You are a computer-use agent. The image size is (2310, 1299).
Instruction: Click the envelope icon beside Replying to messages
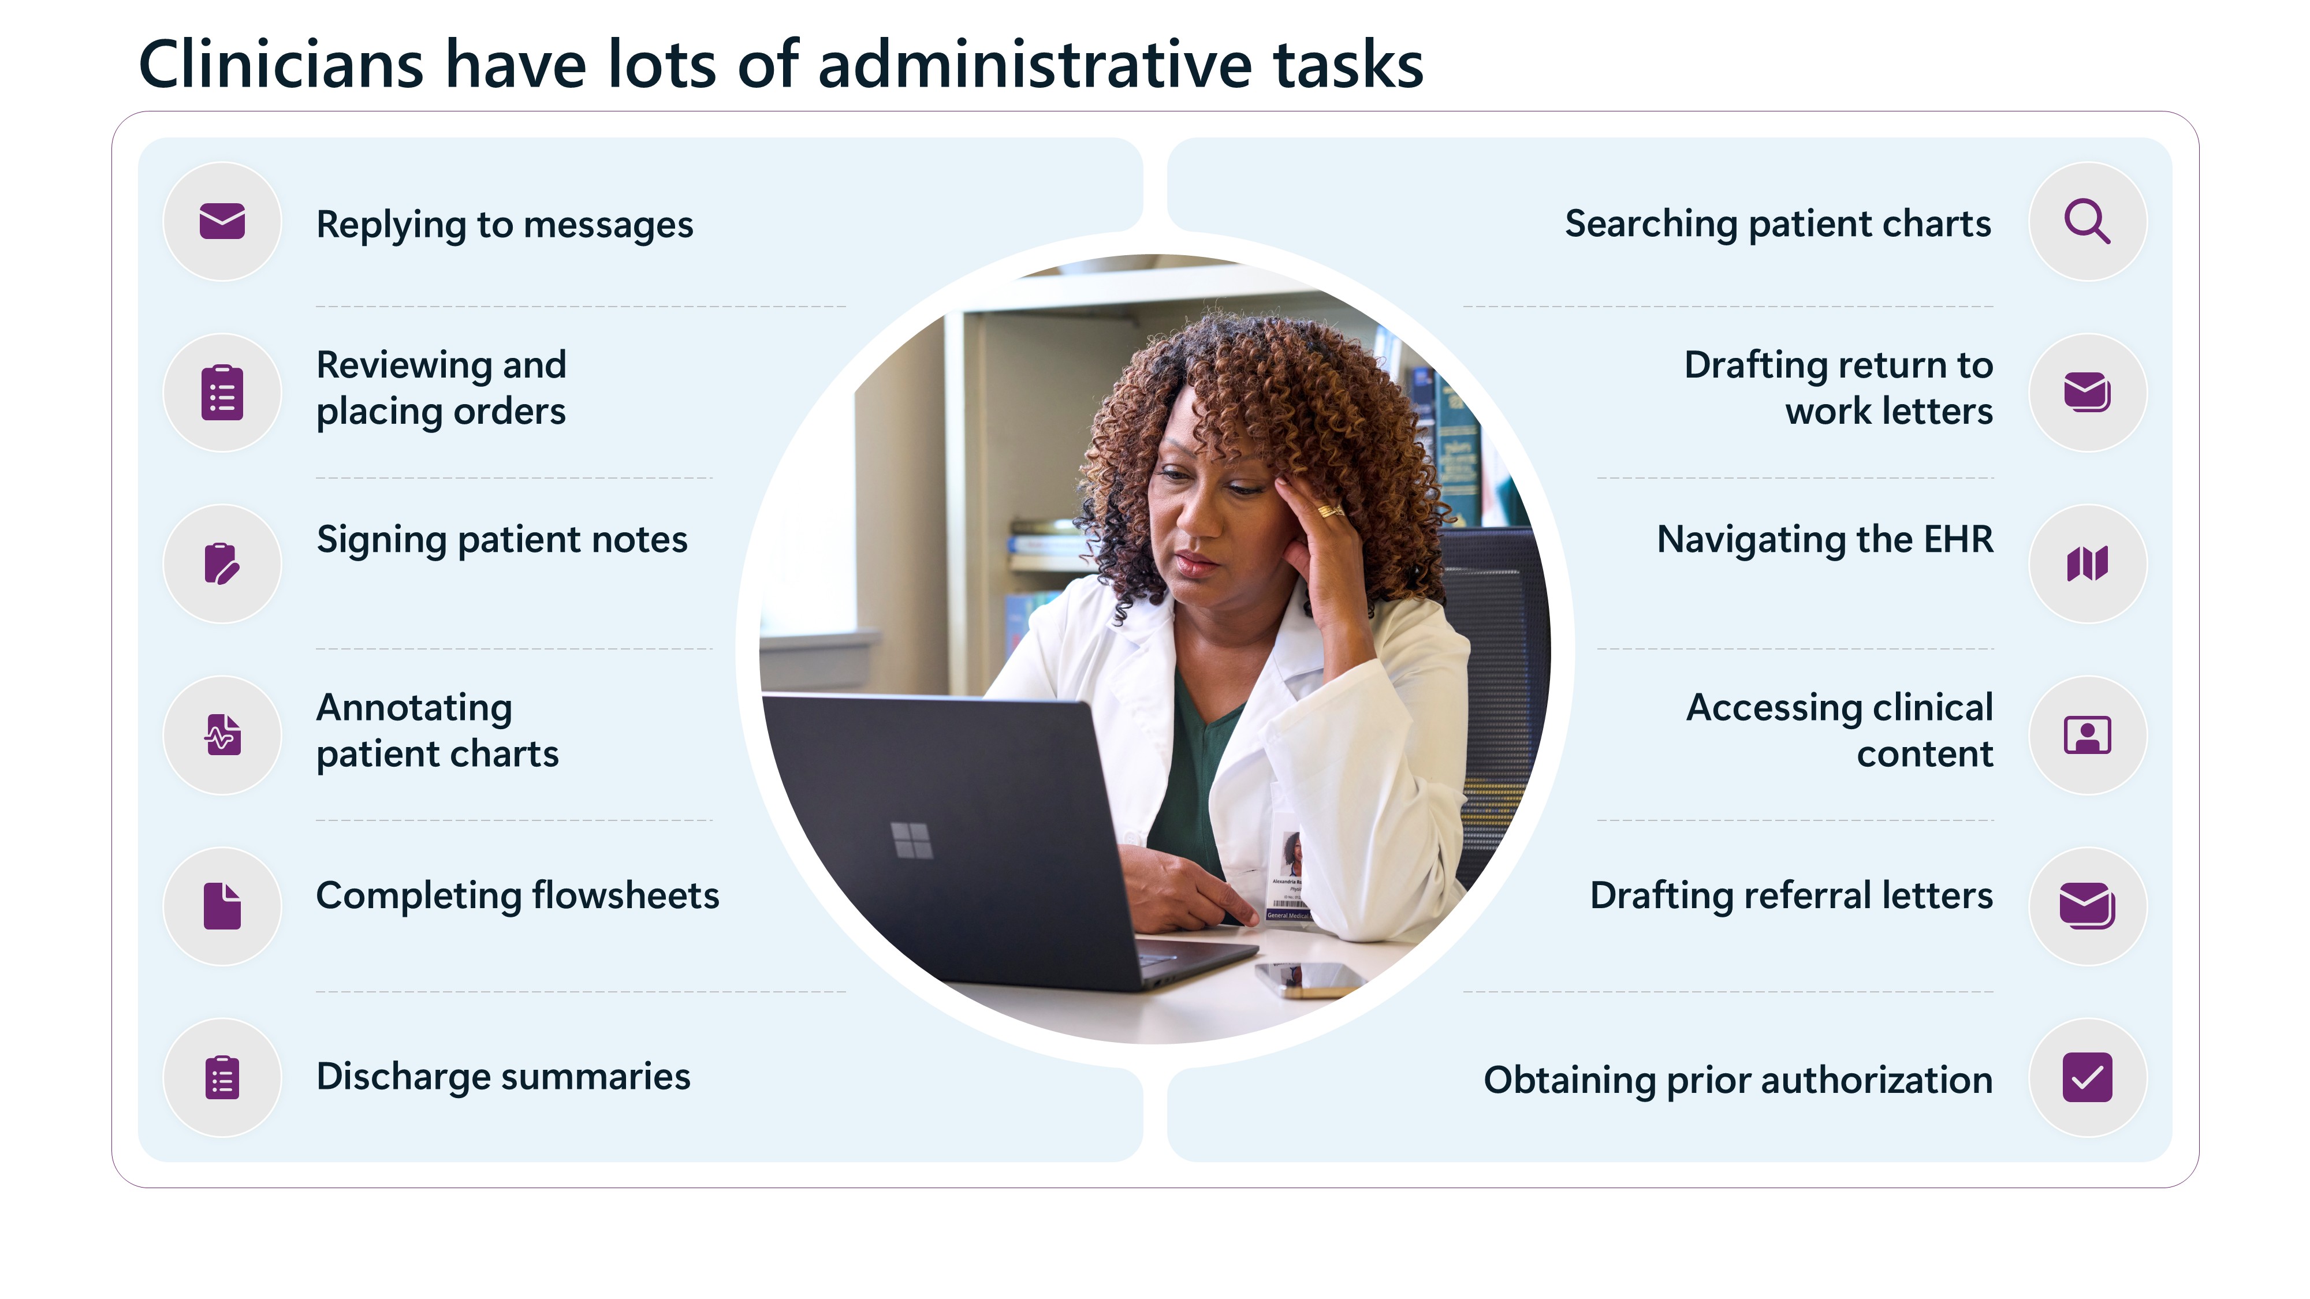[222, 222]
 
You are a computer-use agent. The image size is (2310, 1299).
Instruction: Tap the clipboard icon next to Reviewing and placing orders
[222, 393]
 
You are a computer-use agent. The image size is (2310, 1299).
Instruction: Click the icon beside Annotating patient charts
[222, 734]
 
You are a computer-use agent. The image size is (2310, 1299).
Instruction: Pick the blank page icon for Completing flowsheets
[222, 905]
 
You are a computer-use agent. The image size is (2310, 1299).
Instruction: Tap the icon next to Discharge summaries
[222, 1077]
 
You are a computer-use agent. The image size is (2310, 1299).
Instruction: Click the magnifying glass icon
[2088, 222]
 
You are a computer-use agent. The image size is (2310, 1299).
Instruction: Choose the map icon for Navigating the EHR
[2088, 564]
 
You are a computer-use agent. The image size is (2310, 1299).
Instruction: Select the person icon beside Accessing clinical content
[2088, 735]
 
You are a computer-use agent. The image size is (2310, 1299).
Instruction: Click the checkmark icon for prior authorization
[2088, 1077]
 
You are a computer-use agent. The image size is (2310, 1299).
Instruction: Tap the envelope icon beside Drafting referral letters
[2088, 905]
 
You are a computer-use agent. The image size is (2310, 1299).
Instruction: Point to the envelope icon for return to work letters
[2088, 393]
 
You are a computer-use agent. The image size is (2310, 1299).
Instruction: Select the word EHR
[1958, 540]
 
